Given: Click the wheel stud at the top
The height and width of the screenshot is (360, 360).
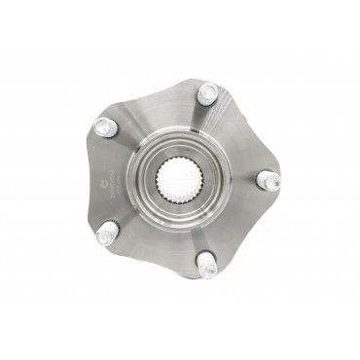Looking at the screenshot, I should (207, 93).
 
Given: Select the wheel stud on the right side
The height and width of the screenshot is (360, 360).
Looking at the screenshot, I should (265, 180).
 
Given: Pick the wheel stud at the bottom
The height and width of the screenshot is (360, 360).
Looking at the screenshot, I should (205, 264).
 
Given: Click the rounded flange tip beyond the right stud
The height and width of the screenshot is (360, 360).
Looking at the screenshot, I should (281, 180).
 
